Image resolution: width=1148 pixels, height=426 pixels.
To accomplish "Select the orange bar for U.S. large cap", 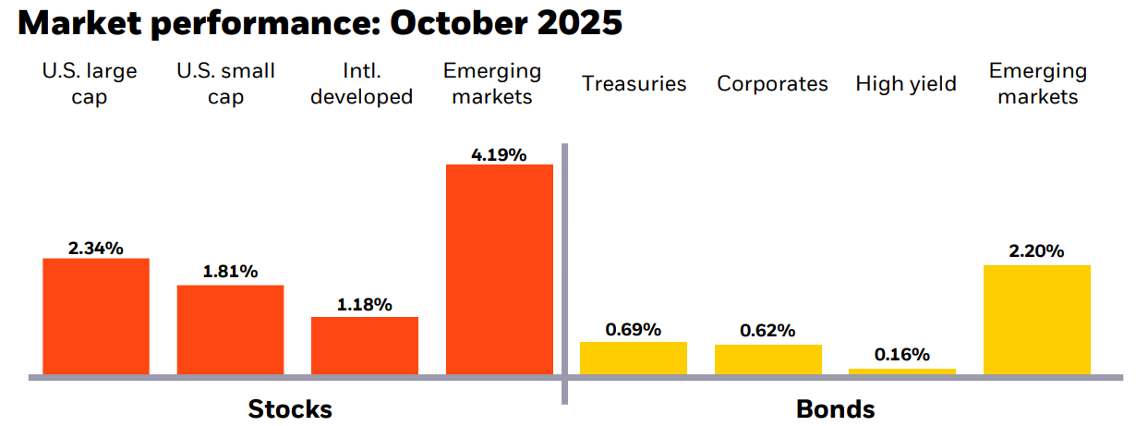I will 96,316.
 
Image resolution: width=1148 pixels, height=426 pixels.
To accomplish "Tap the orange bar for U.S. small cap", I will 230,330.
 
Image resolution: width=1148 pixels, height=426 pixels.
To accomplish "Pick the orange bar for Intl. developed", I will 364,346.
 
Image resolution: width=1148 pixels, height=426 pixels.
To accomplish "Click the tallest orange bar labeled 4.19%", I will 499,270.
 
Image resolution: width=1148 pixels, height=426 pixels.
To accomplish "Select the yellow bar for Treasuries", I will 633,359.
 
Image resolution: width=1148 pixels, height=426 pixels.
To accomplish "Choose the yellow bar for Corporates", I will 767,359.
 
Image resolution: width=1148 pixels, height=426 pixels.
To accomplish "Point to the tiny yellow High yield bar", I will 901,371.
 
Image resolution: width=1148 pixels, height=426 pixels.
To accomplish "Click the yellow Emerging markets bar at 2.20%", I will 1036,320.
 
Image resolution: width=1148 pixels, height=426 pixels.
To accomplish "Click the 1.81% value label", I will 230,273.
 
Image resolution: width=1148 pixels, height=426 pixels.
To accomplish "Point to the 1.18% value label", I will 364,304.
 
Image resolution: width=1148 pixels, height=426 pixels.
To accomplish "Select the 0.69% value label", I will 633,329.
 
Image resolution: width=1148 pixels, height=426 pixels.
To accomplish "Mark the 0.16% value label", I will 901,355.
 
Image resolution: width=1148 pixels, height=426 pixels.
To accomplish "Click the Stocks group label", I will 290,408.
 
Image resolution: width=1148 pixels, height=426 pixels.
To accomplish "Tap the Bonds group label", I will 835,408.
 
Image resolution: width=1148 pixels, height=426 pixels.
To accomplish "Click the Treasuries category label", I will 634,84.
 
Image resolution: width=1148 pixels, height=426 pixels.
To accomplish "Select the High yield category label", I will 905,84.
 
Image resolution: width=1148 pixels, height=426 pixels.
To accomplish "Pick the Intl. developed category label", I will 361,84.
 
